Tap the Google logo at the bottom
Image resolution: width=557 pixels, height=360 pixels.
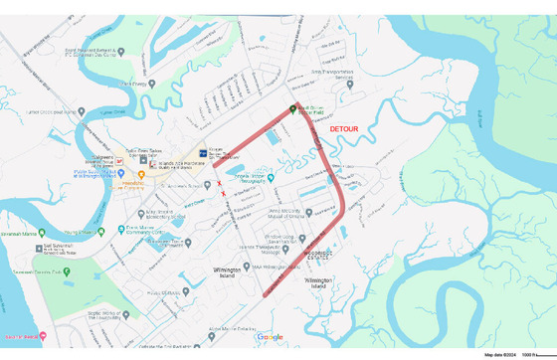pyautogui.click(x=270, y=337)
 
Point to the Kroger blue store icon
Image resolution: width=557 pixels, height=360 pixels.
pyautogui.click(x=204, y=153)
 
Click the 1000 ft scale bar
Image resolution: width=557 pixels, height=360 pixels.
pyautogui.click(x=533, y=354)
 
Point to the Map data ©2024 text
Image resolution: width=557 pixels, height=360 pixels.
pyautogui.click(x=500, y=354)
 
